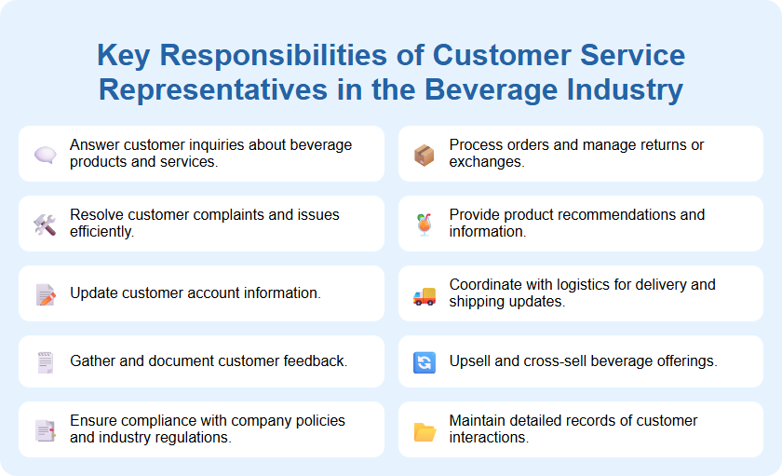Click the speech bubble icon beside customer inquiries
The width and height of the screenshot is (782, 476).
45,154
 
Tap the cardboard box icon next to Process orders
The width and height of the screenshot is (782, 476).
425,154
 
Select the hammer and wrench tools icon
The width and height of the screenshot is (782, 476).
45,224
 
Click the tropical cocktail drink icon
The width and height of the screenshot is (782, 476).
425,224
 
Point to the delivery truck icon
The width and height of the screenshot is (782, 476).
425,296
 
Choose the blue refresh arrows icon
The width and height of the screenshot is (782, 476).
425,362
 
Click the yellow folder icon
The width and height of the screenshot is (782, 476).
425,431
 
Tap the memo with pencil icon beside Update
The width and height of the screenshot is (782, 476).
45,294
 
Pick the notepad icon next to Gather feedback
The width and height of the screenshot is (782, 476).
45,362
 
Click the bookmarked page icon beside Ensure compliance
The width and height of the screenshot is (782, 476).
45,430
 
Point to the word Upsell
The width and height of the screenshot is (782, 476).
470,361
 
